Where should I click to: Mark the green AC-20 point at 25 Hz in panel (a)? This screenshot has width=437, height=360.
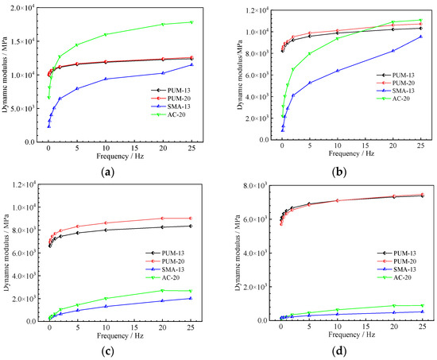[x=191, y=22]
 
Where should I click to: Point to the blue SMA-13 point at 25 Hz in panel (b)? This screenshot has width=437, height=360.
[x=420, y=37]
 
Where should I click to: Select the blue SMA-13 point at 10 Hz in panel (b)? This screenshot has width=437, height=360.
[x=337, y=71]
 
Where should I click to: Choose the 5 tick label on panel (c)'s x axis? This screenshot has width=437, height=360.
[x=77, y=327]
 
